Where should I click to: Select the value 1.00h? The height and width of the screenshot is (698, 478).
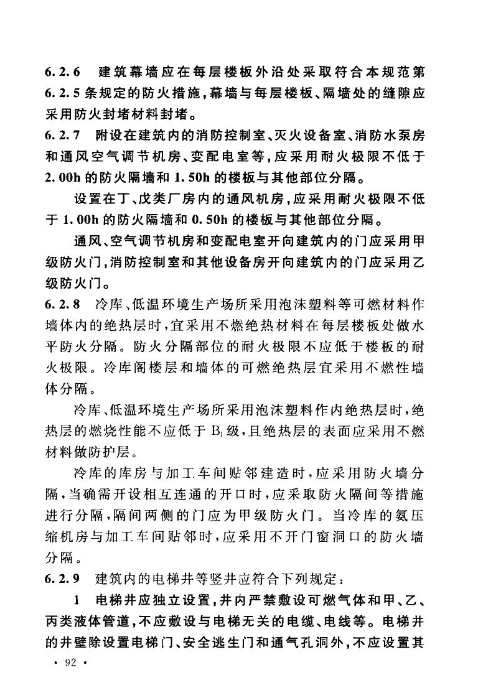85,221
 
